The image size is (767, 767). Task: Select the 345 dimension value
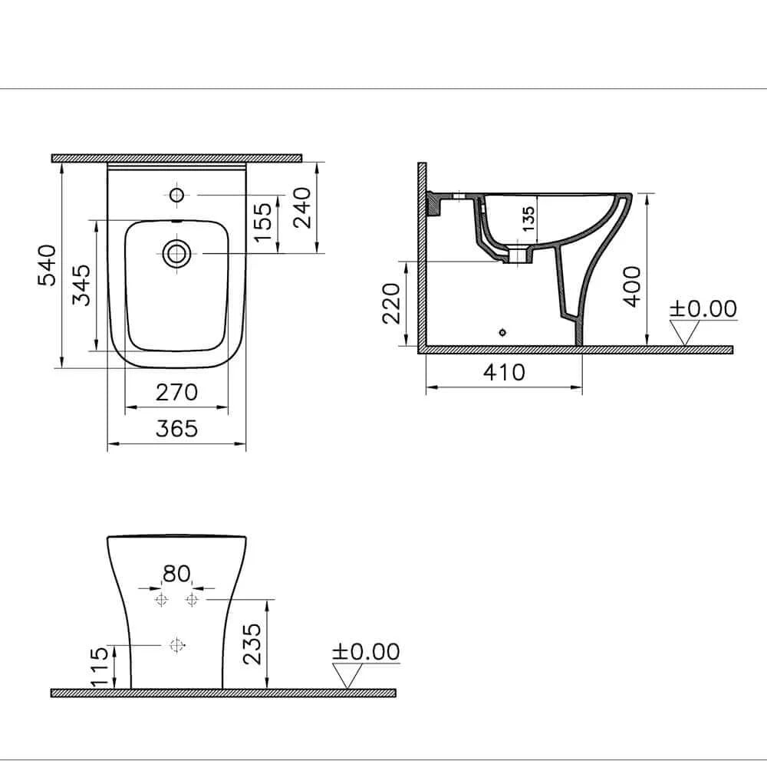[82, 285]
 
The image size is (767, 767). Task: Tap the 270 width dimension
[177, 393]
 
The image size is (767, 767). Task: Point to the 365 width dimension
[177, 428]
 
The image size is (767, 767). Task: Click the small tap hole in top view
[176, 194]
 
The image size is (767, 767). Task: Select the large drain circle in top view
[176, 252]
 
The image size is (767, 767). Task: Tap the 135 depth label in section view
[528, 219]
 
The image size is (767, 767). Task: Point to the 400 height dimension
[631, 286]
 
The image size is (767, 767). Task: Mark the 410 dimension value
[504, 372]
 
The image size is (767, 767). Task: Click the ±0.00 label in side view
[703, 309]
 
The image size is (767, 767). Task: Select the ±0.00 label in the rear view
[366, 652]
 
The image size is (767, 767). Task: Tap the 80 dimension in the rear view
[176, 573]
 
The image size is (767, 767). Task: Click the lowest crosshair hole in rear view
[177, 646]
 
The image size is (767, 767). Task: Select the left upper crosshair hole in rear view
[161, 599]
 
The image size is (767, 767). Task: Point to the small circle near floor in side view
[502, 332]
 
